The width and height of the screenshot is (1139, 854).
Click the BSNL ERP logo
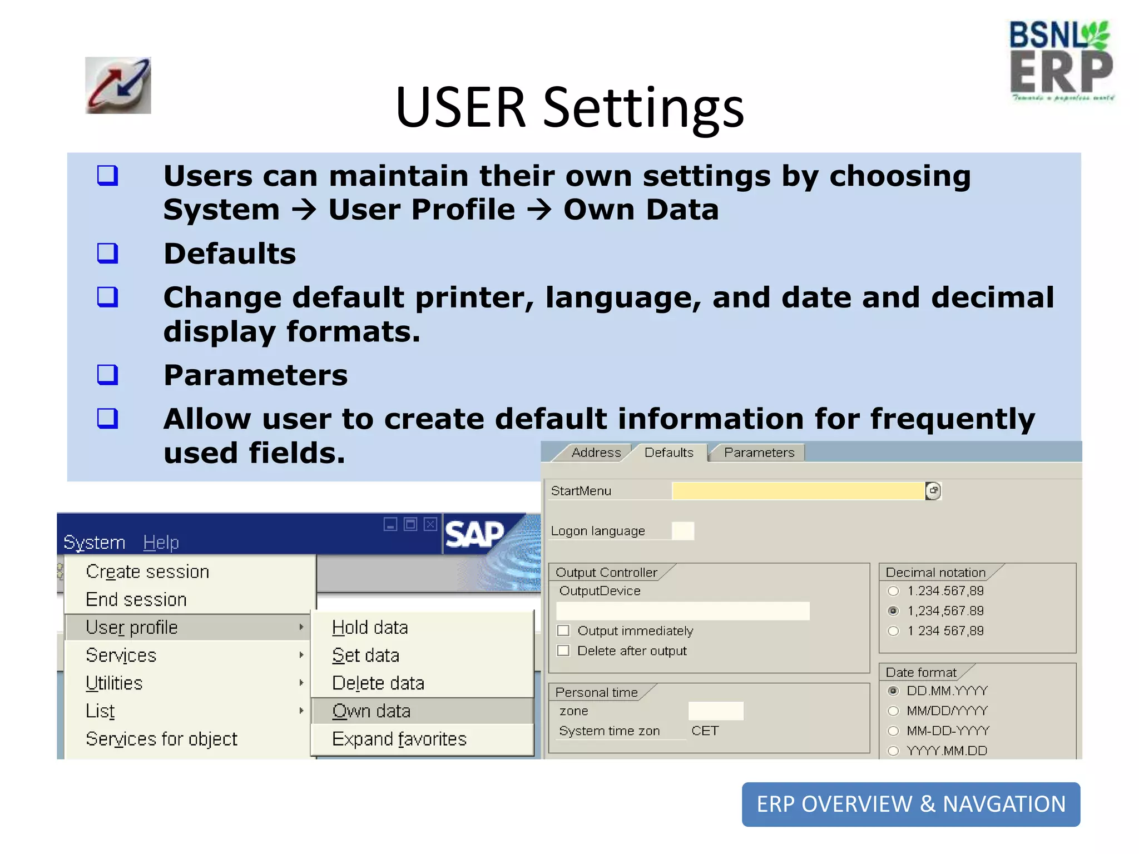pos(1061,61)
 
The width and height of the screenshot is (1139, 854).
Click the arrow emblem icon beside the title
pos(118,86)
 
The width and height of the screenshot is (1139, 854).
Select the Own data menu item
pos(371,711)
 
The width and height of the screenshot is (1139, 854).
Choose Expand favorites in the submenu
pos(399,739)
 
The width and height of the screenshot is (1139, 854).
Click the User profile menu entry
pos(132,627)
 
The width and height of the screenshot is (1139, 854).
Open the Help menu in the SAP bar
pos(161,542)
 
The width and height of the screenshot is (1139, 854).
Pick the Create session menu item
pos(147,572)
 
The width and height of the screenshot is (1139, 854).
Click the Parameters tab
pos(759,453)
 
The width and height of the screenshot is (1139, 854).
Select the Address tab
pos(596,453)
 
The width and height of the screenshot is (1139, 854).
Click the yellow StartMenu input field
pos(798,491)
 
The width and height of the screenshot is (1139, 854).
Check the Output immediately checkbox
pos(563,630)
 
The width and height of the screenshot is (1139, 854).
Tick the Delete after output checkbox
pos(563,651)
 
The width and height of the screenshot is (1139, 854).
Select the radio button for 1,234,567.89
pos(893,611)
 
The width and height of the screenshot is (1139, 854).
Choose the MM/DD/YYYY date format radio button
pos(893,711)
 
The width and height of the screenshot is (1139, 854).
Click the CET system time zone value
pos(705,731)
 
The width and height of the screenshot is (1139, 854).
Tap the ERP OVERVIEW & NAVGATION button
pos(910,804)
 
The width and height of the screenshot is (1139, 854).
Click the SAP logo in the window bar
pos(474,534)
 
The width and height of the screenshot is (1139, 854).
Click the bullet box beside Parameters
pos(107,375)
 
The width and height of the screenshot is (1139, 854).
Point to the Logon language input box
pos(682,531)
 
